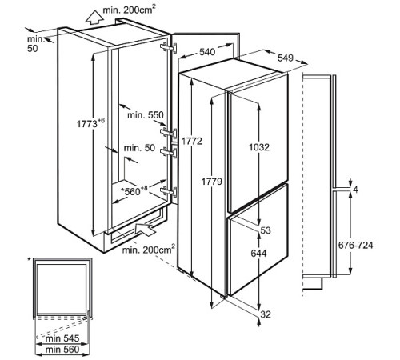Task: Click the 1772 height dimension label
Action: coord(192,141)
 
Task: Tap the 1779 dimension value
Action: coord(212,182)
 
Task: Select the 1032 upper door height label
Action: coord(259,147)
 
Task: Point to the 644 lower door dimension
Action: coord(258,253)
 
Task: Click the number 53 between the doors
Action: coord(266,230)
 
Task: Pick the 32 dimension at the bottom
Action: coord(266,314)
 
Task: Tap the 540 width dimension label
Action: coord(207,52)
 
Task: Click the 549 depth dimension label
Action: coord(286,58)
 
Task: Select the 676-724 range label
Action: coord(355,245)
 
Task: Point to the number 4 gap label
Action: coord(355,190)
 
